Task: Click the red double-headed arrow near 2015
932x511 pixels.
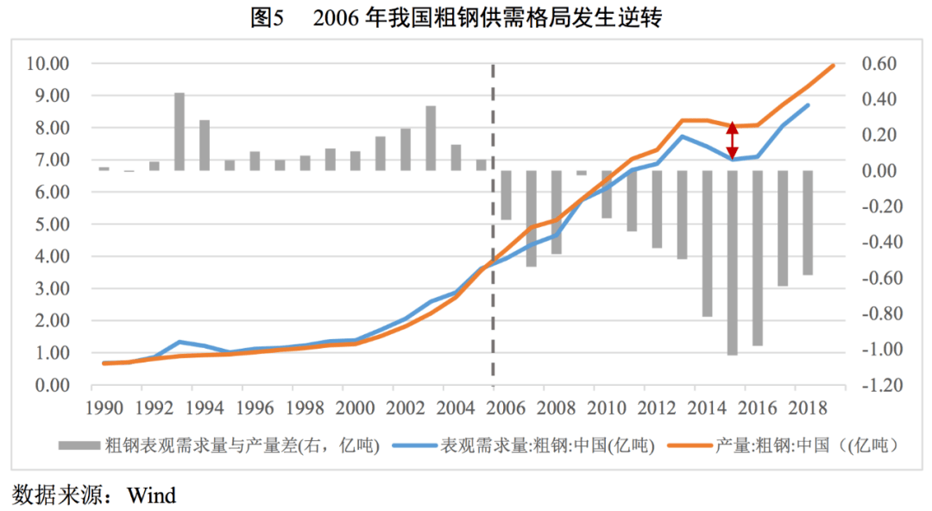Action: coord(732,139)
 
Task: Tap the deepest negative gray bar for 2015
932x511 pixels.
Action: coord(732,262)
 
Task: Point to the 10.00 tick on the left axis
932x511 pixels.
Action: coord(47,64)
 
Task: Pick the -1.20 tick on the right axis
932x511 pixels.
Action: coord(875,385)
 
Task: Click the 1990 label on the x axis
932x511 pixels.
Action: coord(104,407)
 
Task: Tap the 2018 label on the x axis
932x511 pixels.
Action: coord(808,407)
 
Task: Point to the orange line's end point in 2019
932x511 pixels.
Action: coord(833,65)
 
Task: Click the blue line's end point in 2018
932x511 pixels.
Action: coord(808,105)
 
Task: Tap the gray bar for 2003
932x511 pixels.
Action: coord(431,138)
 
